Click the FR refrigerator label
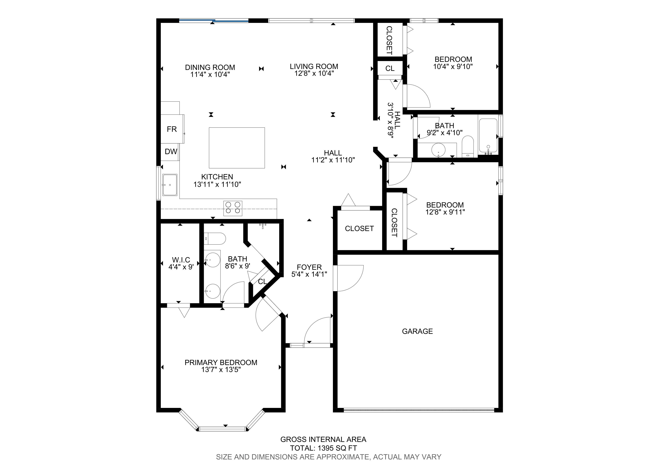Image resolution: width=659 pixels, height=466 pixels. (x=172, y=129)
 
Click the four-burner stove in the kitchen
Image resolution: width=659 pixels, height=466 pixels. (x=233, y=208)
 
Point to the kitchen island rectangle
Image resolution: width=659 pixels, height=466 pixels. (x=237, y=148)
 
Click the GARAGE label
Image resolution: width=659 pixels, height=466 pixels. (x=417, y=331)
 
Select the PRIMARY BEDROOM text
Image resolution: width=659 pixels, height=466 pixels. (x=221, y=363)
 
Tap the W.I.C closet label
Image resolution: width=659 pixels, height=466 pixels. (x=181, y=260)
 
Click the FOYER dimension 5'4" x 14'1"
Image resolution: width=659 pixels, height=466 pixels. (x=309, y=274)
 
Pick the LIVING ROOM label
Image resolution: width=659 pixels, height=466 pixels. (x=314, y=67)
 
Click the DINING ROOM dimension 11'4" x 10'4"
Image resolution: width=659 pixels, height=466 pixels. (x=210, y=75)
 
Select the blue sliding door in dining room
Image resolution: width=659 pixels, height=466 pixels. (x=214, y=20)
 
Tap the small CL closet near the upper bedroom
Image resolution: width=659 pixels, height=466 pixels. (x=390, y=69)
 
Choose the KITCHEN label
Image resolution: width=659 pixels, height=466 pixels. (x=217, y=177)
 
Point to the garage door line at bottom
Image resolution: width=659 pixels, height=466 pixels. (x=419, y=410)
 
